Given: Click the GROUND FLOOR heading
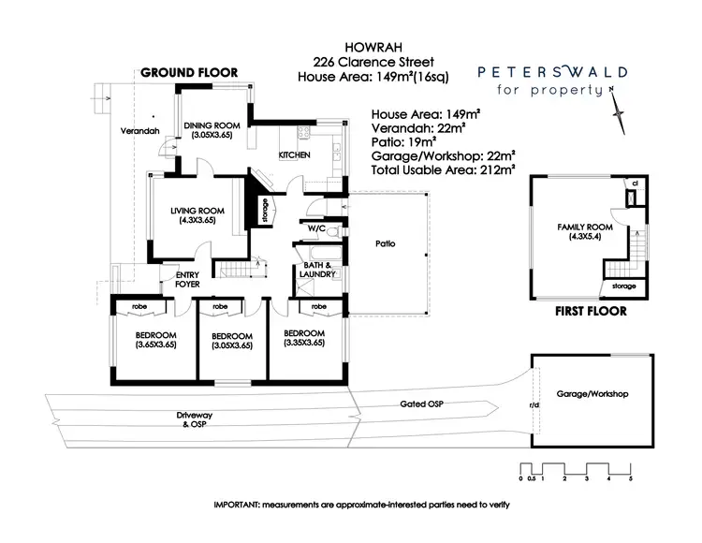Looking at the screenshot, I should tap(189, 72).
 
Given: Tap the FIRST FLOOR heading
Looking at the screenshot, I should tap(590, 312).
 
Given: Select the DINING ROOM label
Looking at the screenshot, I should tap(212, 130).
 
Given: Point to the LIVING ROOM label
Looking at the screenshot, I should tap(194, 215).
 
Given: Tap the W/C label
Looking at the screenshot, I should tap(315, 227).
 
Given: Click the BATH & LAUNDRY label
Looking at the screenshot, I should tap(316, 272).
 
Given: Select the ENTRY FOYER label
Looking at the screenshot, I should tap(176, 278).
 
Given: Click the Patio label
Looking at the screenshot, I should tap(384, 243).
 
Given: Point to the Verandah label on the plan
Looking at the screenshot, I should tap(140, 130).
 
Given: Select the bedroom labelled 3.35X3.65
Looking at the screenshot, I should tap(304, 338).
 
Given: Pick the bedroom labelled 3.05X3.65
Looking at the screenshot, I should tap(231, 340).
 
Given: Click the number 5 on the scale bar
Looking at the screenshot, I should tap(630, 479).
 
